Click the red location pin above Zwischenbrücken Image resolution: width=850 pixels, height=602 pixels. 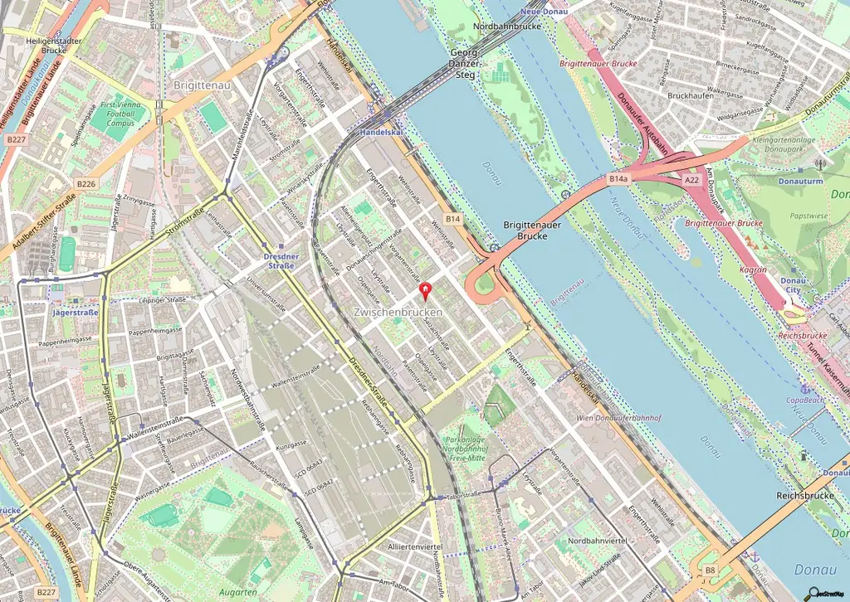(x=427, y=291)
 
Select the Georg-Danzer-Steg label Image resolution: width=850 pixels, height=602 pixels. (x=464, y=63)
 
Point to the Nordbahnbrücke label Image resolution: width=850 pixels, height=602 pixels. (x=506, y=27)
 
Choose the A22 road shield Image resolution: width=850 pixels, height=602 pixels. (x=692, y=179)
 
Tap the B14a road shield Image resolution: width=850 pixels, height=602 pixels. (x=618, y=178)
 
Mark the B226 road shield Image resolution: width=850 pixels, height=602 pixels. (x=86, y=183)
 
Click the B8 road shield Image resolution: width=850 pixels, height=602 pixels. (x=710, y=570)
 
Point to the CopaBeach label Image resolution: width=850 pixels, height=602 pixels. (x=804, y=400)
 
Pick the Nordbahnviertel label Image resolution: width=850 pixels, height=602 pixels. (x=596, y=541)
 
